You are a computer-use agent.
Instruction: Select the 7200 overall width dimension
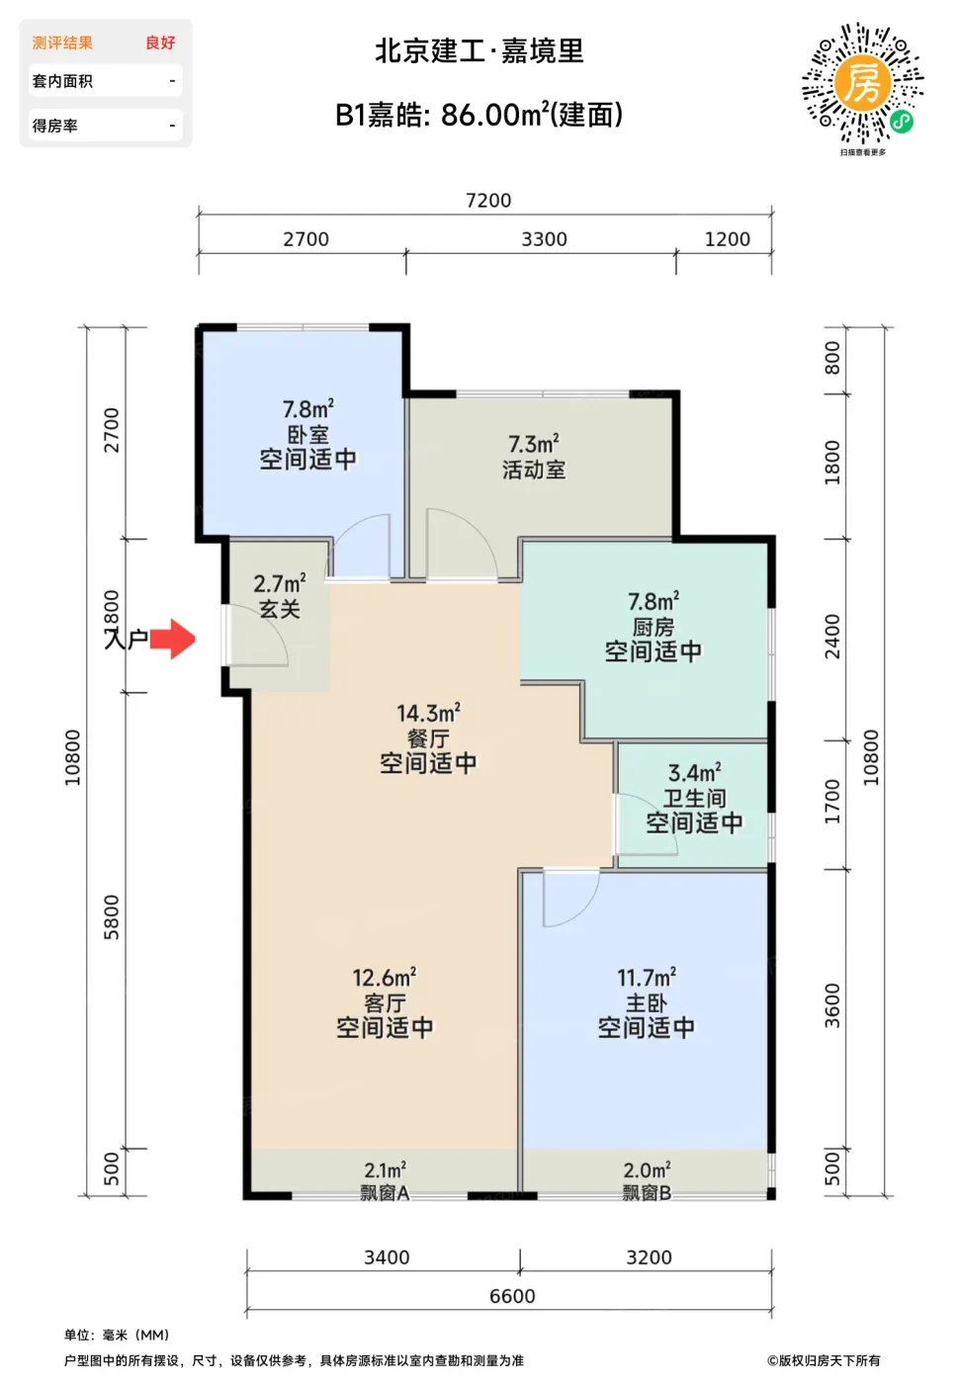pyautogui.click(x=488, y=200)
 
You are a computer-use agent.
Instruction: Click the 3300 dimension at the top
pyautogui.click(x=544, y=239)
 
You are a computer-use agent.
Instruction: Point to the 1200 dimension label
pyautogui.click(x=728, y=239)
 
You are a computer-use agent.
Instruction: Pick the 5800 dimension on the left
pyautogui.click(x=111, y=917)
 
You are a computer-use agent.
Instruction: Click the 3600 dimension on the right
pyautogui.click(x=832, y=1005)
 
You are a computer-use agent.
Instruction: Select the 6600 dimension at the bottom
pyautogui.click(x=512, y=1296)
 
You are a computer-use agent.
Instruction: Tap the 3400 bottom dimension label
pyautogui.click(x=387, y=1257)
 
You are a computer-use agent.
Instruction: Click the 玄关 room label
pyautogui.click(x=279, y=609)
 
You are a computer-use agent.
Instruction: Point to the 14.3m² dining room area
pyautogui.click(x=428, y=713)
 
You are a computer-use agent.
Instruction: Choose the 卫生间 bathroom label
pyautogui.click(x=694, y=798)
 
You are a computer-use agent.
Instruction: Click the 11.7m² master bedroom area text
pyautogui.click(x=647, y=978)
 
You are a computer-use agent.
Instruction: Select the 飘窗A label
pyautogui.click(x=385, y=1192)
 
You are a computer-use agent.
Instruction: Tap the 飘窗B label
pyautogui.click(x=647, y=1192)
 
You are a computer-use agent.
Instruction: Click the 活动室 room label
pyautogui.click(x=533, y=470)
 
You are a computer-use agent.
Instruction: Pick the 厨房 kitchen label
pyautogui.click(x=654, y=627)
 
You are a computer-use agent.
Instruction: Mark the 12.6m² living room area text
pyautogui.click(x=385, y=978)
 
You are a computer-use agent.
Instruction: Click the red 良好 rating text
pyautogui.click(x=160, y=43)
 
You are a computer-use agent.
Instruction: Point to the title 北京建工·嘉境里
pyautogui.click(x=479, y=50)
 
